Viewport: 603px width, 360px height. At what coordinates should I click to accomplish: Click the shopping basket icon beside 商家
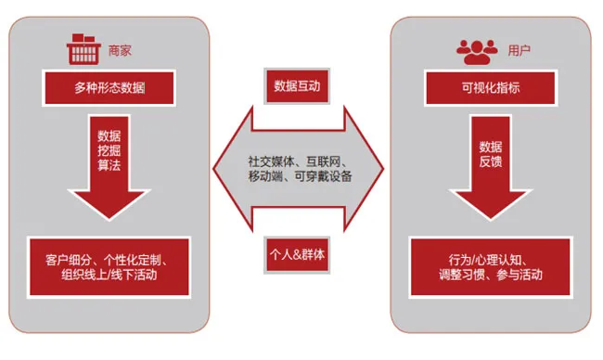point(86,47)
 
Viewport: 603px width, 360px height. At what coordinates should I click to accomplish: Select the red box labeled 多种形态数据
point(109,89)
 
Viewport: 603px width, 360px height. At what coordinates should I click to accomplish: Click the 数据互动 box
point(297,86)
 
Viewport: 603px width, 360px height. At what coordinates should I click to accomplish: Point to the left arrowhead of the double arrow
point(228,168)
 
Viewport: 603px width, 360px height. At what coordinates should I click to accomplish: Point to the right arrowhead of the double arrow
point(367,168)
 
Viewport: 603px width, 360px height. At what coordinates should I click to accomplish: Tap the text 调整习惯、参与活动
point(490,276)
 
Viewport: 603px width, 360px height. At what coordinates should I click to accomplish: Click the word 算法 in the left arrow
point(109,165)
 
